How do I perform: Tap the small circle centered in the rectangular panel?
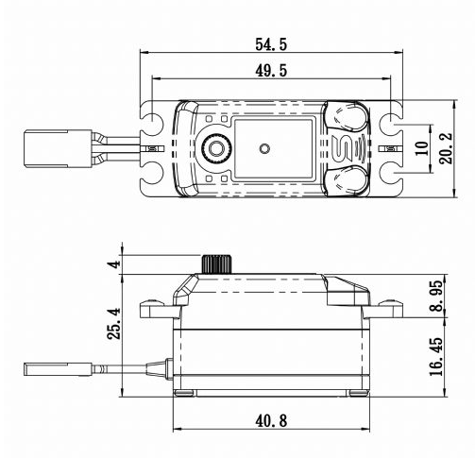(265, 148)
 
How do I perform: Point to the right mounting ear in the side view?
(386, 307)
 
